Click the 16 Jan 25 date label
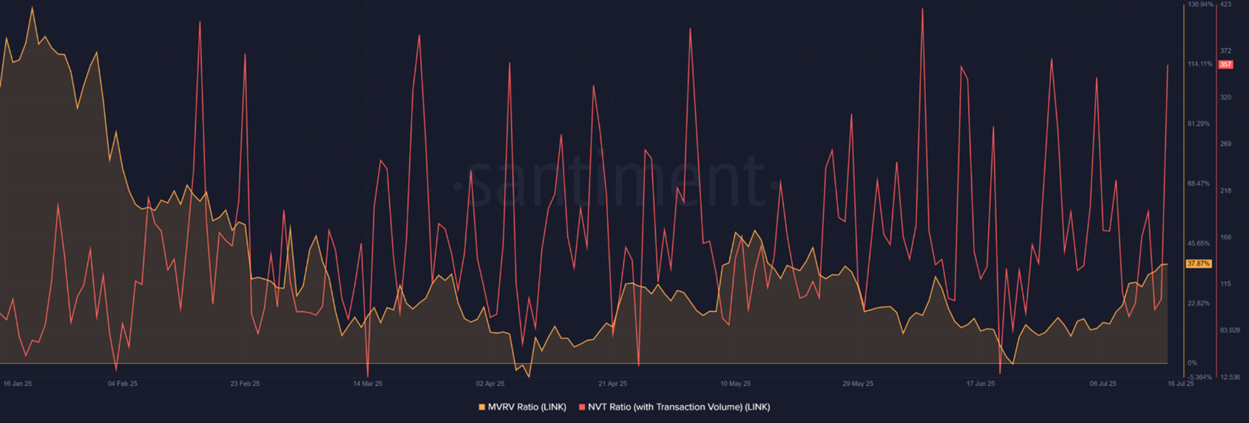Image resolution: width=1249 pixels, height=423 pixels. pyautogui.click(x=18, y=384)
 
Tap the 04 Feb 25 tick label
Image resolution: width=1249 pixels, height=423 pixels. pyautogui.click(x=123, y=384)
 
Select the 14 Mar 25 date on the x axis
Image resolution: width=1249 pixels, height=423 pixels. pyautogui.click(x=368, y=384)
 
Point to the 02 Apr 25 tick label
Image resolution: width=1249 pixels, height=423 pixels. pyautogui.click(x=490, y=384)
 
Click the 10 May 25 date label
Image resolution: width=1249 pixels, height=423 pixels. pyautogui.click(x=735, y=384)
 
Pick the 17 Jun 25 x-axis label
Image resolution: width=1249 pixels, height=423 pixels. pyautogui.click(x=981, y=384)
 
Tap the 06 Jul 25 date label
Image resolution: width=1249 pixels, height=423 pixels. pyautogui.click(x=1103, y=384)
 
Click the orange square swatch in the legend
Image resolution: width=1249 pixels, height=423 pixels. pyautogui.click(x=482, y=407)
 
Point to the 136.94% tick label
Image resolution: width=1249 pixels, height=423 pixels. pyautogui.click(x=1200, y=4)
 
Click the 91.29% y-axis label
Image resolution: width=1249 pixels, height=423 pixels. pyautogui.click(x=1199, y=123)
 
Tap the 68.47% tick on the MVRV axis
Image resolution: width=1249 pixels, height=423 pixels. pyautogui.click(x=1199, y=183)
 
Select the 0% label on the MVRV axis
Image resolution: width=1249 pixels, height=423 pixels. pyautogui.click(x=1192, y=362)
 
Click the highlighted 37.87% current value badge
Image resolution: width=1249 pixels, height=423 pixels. pyautogui.click(x=1199, y=264)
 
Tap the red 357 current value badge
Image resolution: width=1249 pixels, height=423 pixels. pyautogui.click(x=1225, y=65)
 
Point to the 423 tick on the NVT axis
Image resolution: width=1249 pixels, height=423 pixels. pyautogui.click(x=1225, y=4)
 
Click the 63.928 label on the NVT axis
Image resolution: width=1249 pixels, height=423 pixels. pyautogui.click(x=1230, y=330)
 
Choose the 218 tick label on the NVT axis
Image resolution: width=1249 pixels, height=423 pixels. pyautogui.click(x=1225, y=191)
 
